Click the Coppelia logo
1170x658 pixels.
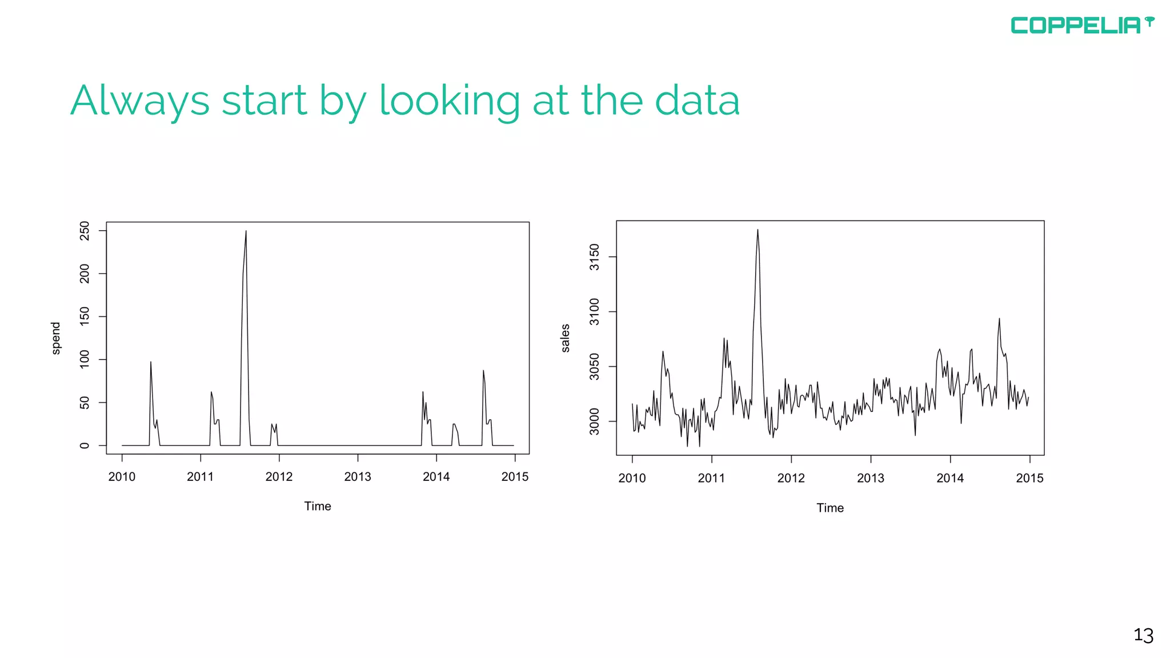coord(1081,25)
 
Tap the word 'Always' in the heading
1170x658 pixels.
coord(140,101)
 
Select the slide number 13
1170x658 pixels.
coord(1143,635)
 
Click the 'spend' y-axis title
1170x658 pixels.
coord(56,338)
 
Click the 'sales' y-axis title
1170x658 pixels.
coord(566,338)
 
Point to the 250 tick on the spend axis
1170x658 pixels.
coord(85,231)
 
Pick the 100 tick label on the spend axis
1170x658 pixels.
coord(85,360)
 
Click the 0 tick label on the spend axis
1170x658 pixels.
coord(85,446)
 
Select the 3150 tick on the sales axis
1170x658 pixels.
coord(595,257)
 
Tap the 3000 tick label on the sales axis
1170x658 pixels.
coord(595,422)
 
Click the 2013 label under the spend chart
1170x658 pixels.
coord(358,477)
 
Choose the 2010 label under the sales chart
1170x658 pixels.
coord(632,479)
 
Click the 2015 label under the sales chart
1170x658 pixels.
coord(1029,479)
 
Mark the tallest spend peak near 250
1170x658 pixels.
coord(246,231)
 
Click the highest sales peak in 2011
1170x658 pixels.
coord(758,230)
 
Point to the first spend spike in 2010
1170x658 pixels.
coord(151,362)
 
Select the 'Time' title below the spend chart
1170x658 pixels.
coord(318,507)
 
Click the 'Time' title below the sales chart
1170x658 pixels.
coord(830,508)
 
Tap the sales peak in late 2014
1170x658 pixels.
coord(999,319)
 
